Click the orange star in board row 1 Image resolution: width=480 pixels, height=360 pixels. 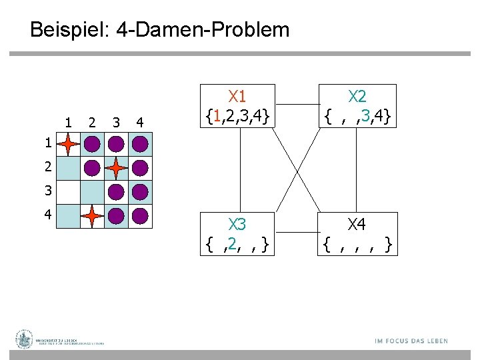click(68, 144)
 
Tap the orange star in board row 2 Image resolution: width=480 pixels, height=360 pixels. click(116, 168)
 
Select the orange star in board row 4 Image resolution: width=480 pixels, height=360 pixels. click(92, 216)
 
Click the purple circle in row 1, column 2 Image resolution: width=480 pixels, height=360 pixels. click(92, 144)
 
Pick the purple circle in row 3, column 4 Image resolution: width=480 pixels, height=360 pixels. click(140, 192)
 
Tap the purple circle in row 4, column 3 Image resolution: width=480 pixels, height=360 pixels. click(116, 216)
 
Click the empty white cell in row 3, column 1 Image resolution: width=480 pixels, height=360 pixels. click(68, 192)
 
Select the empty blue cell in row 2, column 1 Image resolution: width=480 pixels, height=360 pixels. click(68, 168)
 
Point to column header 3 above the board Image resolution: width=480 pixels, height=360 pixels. click(116, 122)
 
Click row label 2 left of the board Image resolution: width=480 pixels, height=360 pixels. click(47, 167)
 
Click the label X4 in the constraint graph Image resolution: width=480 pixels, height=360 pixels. click(358, 224)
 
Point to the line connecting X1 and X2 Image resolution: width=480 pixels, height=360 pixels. click(298, 104)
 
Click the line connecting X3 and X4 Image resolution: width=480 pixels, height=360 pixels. click(298, 233)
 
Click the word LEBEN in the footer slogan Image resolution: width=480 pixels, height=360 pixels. click(433, 341)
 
